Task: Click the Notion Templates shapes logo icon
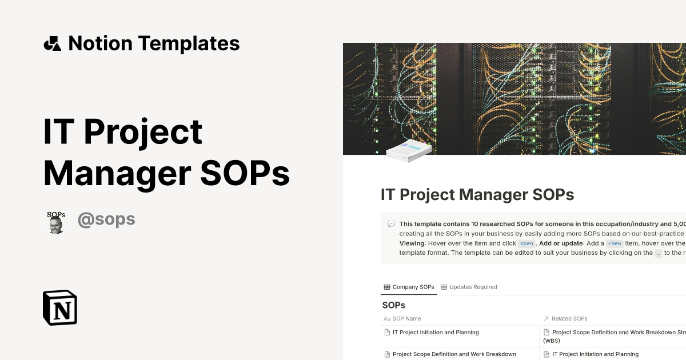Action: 52,43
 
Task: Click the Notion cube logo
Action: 60,307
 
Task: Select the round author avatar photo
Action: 55,221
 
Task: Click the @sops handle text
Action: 106,219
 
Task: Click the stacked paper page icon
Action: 409,150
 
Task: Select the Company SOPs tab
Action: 409,287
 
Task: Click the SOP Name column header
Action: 406,318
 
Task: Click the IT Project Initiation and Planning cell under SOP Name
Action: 436,332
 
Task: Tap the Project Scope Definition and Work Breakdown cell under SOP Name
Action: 454,354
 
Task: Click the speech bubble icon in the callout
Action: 391,224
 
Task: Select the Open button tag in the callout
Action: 527,243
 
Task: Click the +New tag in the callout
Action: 615,243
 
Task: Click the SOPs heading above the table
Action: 393,305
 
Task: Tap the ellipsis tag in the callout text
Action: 659,253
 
